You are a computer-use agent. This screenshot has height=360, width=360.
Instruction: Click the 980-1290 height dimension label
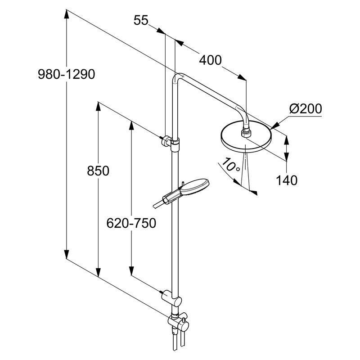click(x=67, y=75)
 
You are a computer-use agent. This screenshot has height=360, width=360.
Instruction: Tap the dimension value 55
click(x=141, y=20)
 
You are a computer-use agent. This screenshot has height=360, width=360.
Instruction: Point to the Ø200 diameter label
click(x=306, y=109)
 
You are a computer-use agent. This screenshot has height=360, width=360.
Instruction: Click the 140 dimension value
click(x=287, y=180)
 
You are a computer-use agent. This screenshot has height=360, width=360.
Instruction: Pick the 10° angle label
click(x=231, y=167)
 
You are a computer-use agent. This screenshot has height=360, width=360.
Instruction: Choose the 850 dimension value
click(x=99, y=171)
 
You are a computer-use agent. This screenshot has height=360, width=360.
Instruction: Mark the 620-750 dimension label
click(x=131, y=223)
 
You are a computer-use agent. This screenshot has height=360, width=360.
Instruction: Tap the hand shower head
click(x=195, y=187)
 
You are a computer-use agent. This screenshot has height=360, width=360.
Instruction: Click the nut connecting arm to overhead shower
click(x=246, y=132)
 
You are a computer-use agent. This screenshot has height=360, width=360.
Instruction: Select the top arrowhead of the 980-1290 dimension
click(x=67, y=13)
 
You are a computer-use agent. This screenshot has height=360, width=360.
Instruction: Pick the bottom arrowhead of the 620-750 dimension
click(x=131, y=272)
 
